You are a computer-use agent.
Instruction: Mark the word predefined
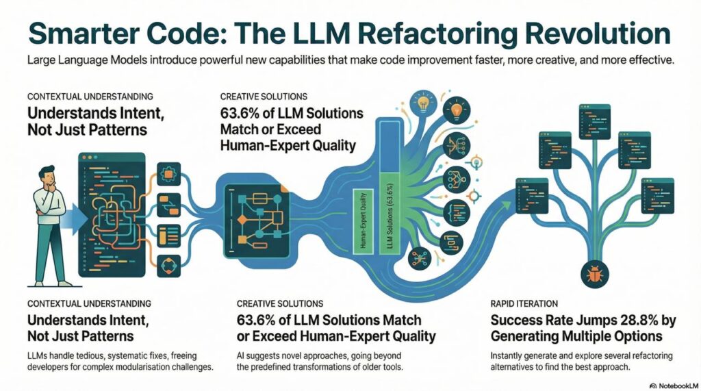pyautogui.click(x=266, y=368)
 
